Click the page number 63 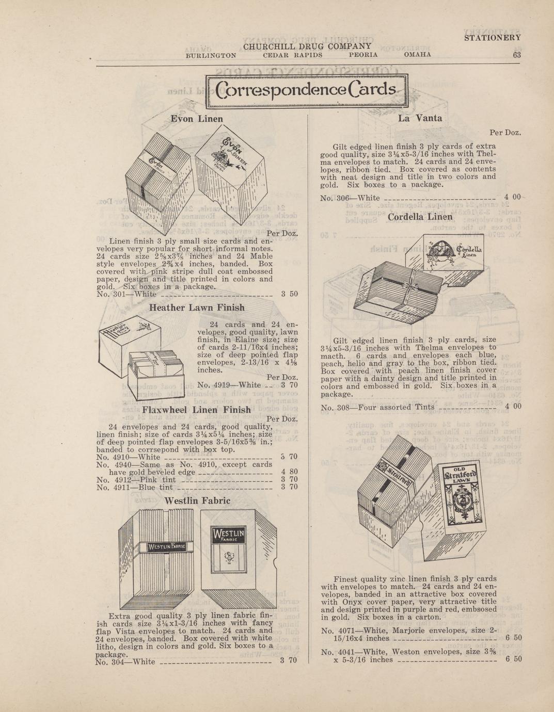click(x=517, y=55)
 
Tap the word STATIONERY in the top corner click(x=493, y=38)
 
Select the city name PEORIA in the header click(x=363, y=55)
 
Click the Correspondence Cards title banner click(x=307, y=91)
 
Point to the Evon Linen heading click(x=197, y=119)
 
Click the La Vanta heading click(x=420, y=118)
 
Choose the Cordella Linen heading click(x=420, y=217)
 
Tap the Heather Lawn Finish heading click(x=197, y=308)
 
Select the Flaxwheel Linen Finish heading click(x=196, y=410)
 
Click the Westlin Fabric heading click(x=197, y=500)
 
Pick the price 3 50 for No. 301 click(x=290, y=294)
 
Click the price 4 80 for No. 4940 click(x=290, y=472)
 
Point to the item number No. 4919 click(x=210, y=385)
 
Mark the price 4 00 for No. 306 click(x=513, y=197)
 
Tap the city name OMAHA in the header click(x=417, y=55)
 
